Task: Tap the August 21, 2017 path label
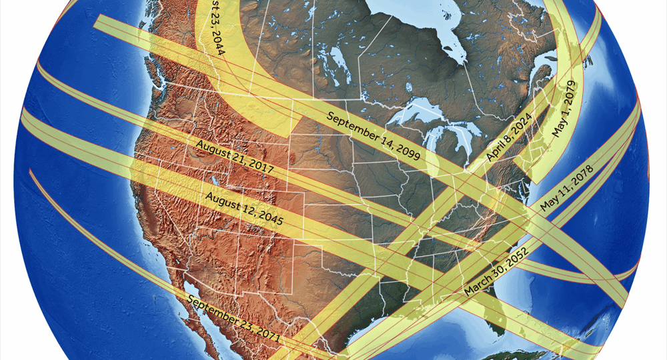tap(235, 158)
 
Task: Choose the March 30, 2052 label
tap(490, 273)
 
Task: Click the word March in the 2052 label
tap(475, 287)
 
